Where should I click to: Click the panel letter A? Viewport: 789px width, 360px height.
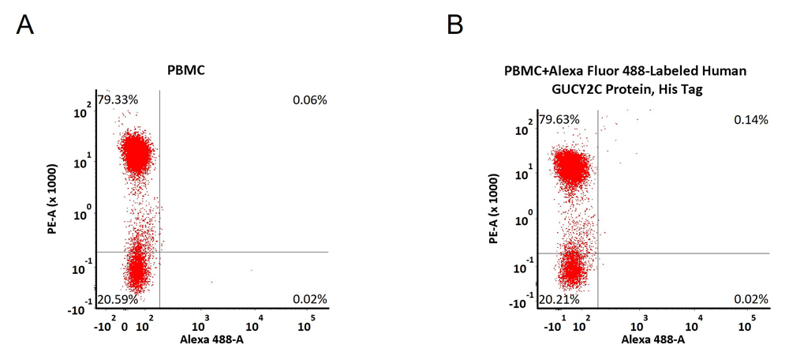tap(24, 24)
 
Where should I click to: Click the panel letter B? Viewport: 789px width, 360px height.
tap(455, 24)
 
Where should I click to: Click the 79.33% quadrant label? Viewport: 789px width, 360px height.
tap(118, 99)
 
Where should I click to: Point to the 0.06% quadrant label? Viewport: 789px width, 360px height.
tap(310, 99)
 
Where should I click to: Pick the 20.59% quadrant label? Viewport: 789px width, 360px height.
tap(118, 299)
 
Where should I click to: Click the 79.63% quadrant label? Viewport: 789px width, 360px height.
tap(559, 120)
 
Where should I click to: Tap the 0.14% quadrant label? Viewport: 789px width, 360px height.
tap(751, 120)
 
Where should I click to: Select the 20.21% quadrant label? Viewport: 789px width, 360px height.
tap(559, 299)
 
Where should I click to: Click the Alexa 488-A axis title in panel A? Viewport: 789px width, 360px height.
tap(211, 339)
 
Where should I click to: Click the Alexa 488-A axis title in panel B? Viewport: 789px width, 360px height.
tap(653, 339)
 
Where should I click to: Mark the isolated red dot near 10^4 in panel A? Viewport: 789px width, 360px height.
tap(252, 270)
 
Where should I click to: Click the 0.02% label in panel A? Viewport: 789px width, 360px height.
tap(310, 299)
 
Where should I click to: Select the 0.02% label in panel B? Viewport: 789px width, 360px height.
tap(751, 299)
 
